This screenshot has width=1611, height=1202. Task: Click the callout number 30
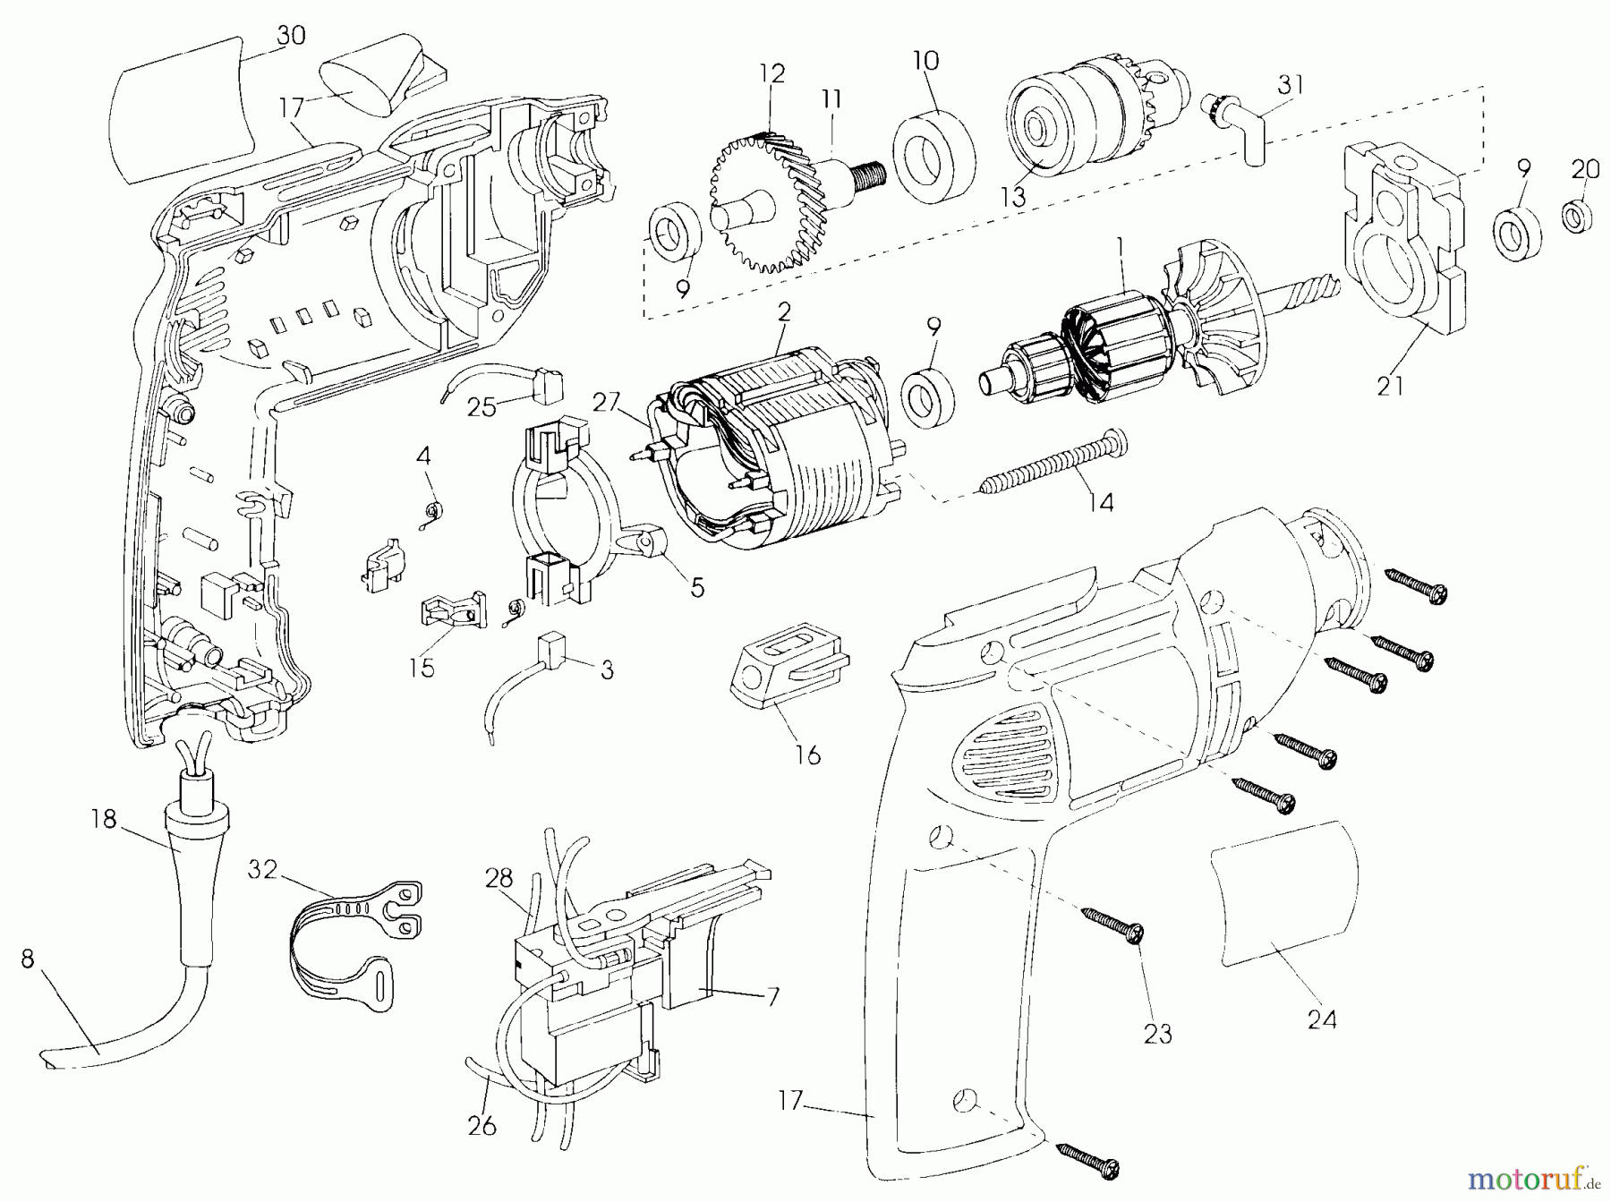click(x=291, y=35)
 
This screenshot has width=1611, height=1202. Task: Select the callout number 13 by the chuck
click(x=1013, y=196)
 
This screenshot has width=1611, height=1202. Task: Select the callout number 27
click(x=606, y=402)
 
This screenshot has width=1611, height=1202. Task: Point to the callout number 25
click(x=482, y=407)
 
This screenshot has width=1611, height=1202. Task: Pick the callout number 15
click(x=422, y=668)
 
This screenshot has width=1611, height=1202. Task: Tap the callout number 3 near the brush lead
click(x=607, y=669)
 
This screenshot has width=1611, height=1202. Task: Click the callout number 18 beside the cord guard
click(x=104, y=818)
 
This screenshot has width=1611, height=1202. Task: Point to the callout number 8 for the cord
click(x=28, y=959)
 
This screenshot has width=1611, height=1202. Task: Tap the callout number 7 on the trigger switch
click(x=772, y=996)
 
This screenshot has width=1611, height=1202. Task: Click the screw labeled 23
click(x=1111, y=924)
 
